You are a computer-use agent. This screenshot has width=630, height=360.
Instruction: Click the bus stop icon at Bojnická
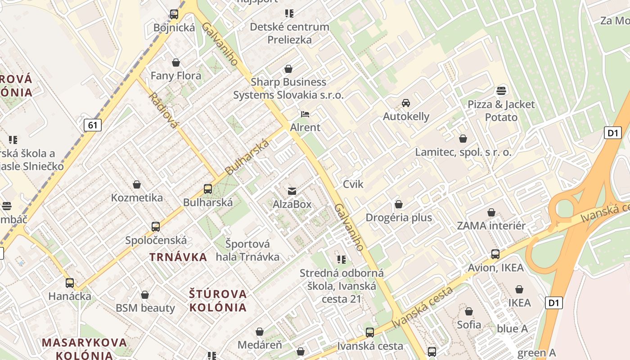(174, 14)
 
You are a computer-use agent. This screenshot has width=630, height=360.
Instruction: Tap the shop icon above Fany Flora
(176, 62)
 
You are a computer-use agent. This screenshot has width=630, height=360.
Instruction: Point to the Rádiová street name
(162, 110)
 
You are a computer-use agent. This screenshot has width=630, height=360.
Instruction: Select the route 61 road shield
(92, 125)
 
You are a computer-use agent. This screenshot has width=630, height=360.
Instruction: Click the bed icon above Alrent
(305, 114)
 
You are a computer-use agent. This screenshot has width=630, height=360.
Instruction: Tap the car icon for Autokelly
(406, 103)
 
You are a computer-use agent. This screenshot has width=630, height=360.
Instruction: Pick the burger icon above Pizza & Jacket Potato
(501, 91)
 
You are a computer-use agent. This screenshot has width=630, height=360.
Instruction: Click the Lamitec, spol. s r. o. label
(463, 152)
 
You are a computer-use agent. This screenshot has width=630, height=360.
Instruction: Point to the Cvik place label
(353, 184)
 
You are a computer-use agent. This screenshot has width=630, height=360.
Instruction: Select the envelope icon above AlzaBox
(292, 191)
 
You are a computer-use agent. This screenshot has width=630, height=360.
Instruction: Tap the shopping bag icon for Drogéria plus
(398, 204)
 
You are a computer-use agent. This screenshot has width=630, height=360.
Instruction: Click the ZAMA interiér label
(491, 225)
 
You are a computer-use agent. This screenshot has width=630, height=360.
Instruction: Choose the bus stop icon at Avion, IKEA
(495, 254)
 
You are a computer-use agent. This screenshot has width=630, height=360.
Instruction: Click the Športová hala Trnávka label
(248, 250)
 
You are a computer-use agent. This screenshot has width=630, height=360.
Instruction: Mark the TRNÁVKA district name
(178, 257)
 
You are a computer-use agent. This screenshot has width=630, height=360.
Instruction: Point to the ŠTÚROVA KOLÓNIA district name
(218, 301)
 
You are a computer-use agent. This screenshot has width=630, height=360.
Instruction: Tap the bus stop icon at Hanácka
(70, 283)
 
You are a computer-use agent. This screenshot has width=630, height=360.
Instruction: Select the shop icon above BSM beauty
(145, 295)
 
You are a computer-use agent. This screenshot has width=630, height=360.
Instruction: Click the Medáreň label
(260, 345)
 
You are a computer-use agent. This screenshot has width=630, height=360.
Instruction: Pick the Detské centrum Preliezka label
(289, 33)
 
